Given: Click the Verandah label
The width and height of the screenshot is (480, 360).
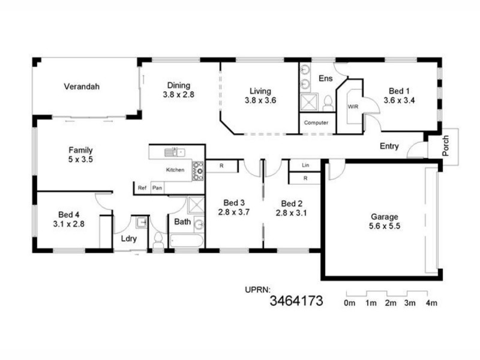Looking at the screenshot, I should [82, 86].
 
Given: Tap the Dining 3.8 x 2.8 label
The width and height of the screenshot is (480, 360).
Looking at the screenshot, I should [179, 89].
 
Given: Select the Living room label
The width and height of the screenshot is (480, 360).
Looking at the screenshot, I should [260, 96].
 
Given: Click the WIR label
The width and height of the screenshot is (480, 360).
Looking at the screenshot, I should [352, 106].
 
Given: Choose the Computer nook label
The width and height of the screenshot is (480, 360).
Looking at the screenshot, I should [316, 123].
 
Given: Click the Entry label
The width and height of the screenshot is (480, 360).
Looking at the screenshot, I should [389, 146].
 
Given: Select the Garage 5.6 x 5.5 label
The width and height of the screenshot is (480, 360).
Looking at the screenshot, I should [384, 222].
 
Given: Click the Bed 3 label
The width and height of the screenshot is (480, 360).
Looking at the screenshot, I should [233, 208].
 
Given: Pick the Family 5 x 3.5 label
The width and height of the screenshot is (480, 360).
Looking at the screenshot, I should [80, 155].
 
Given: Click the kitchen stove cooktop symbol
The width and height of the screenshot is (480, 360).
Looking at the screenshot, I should [197, 170].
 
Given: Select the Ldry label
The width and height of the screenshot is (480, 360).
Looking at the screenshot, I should [128, 239].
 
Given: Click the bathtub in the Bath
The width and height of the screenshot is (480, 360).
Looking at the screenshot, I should [187, 241].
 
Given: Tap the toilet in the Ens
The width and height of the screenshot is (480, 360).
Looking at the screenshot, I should [328, 103].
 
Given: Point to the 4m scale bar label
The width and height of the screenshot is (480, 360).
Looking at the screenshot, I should [431, 304].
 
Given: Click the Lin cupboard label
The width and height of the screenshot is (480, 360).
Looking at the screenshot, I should [305, 165].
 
